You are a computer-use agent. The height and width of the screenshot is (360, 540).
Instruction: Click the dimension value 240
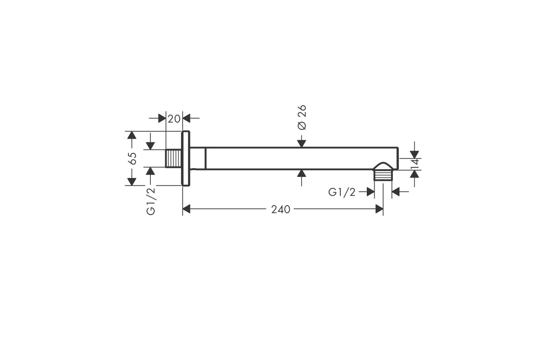click(x=280, y=209)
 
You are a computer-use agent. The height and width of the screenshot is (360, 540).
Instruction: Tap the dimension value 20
click(x=174, y=118)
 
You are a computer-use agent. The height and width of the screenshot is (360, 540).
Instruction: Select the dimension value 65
click(x=132, y=158)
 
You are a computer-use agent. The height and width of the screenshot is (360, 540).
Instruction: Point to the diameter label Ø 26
click(x=302, y=117)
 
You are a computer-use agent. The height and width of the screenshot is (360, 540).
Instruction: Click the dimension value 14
click(x=415, y=163)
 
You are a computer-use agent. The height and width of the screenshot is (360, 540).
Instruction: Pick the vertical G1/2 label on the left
click(x=151, y=201)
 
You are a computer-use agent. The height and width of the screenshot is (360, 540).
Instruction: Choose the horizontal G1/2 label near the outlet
click(x=342, y=192)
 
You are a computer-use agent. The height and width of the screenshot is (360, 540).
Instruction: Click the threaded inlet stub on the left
click(x=173, y=158)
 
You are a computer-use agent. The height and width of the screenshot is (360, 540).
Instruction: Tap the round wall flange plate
click(x=186, y=158)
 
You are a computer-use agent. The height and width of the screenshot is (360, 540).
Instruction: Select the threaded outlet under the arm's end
click(x=384, y=175)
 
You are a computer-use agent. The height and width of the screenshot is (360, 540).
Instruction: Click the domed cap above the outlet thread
click(x=384, y=166)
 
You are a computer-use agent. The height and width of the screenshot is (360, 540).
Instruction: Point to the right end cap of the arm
click(x=397, y=158)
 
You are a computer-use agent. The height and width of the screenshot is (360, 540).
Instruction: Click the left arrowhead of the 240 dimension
click(x=186, y=209)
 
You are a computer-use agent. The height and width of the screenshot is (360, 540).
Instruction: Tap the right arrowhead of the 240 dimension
click(x=379, y=209)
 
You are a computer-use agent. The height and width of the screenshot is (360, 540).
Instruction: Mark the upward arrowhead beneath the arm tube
click(x=302, y=173)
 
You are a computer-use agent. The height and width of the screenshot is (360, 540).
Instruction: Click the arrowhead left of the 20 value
click(x=162, y=118)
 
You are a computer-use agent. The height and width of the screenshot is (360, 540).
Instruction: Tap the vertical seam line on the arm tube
click(x=206, y=158)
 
